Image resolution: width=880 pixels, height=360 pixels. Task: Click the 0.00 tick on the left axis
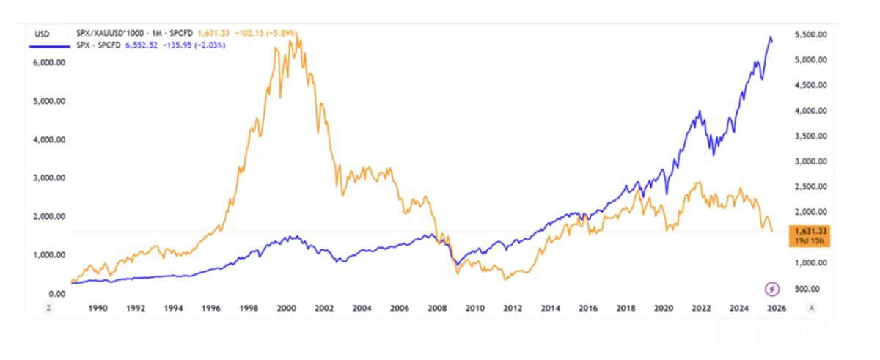coord(58,293)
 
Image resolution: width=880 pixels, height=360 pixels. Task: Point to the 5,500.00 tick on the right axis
coord(811,34)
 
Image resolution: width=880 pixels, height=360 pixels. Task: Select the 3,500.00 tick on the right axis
coord(811,136)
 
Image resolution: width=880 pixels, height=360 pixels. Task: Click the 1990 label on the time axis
coord(98,309)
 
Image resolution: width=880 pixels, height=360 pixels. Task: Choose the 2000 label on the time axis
coord(286,309)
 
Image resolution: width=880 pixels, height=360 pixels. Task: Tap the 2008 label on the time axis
coord(436,309)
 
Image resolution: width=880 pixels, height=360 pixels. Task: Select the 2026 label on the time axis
coord(776,309)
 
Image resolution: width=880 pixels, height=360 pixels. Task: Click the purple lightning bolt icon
coord(771,288)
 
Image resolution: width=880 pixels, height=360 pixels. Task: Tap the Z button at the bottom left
coord(48,309)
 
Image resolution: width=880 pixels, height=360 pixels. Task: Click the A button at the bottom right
coord(811,309)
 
